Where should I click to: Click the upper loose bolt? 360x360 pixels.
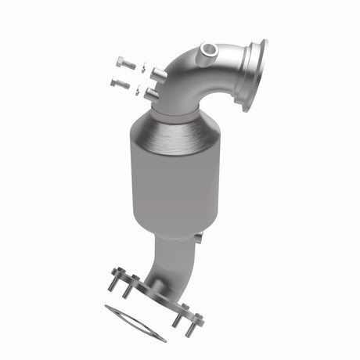click(124, 63)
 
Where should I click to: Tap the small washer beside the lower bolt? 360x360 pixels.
click(142, 89)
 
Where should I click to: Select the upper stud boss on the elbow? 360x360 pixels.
click(157, 74)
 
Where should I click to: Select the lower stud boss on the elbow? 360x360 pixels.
click(151, 93)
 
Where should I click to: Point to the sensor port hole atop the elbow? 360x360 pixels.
click(207, 51)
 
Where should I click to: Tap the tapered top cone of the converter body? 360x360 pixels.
click(176, 133)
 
